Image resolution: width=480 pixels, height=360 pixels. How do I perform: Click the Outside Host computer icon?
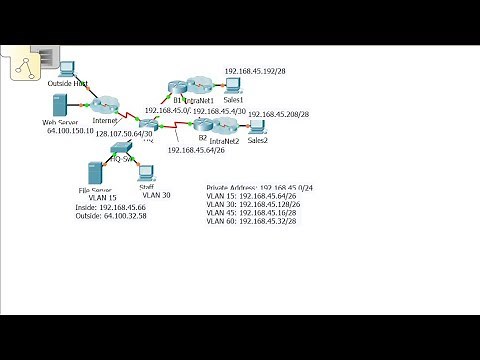coord(67,70)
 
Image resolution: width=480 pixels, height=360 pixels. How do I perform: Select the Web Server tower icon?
coord(59,105)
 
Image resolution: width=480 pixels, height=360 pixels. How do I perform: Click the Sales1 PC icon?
coord(234,86)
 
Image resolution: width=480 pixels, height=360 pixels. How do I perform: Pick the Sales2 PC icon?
coord(256,127)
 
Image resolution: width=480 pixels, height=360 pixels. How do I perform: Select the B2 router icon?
coord(202,125)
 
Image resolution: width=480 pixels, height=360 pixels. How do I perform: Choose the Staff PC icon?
coord(146,173)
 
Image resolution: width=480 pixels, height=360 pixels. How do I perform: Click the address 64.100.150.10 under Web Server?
coord(68,131)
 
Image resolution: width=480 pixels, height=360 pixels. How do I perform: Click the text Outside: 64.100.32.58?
coord(111,214)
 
